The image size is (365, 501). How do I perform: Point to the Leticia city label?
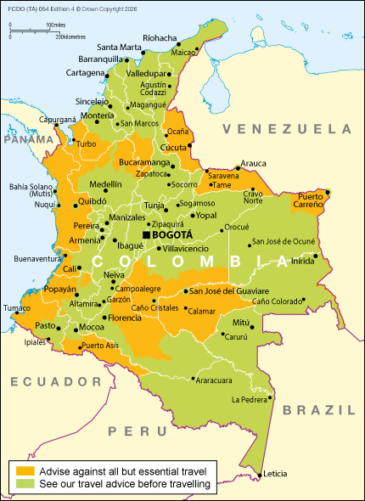pos(276,473)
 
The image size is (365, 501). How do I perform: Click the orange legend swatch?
pos(25,470)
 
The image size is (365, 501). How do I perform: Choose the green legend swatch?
pos(25,484)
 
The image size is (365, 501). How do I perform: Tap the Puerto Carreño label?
pos(309,200)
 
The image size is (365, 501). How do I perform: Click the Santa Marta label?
pos(120,47)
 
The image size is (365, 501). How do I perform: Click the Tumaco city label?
pos(16,308)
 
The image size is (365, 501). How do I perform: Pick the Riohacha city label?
pos(160,38)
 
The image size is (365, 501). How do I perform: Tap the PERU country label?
pos(126,431)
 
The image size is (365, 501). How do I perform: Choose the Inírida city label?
pos(303,262)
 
